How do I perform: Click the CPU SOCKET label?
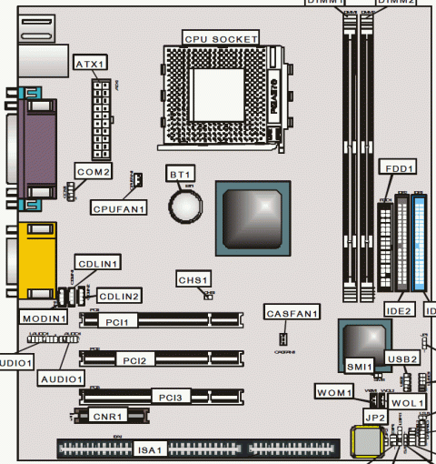(x=222, y=38)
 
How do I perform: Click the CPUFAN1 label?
(x=119, y=208)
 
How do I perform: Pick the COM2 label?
(x=93, y=171)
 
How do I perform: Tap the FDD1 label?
(x=398, y=167)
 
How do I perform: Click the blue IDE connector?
(x=421, y=242)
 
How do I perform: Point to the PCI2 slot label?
(x=141, y=360)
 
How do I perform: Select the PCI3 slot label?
(x=169, y=398)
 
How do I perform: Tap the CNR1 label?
(x=108, y=416)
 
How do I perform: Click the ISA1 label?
(x=150, y=449)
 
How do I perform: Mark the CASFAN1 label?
(x=292, y=314)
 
